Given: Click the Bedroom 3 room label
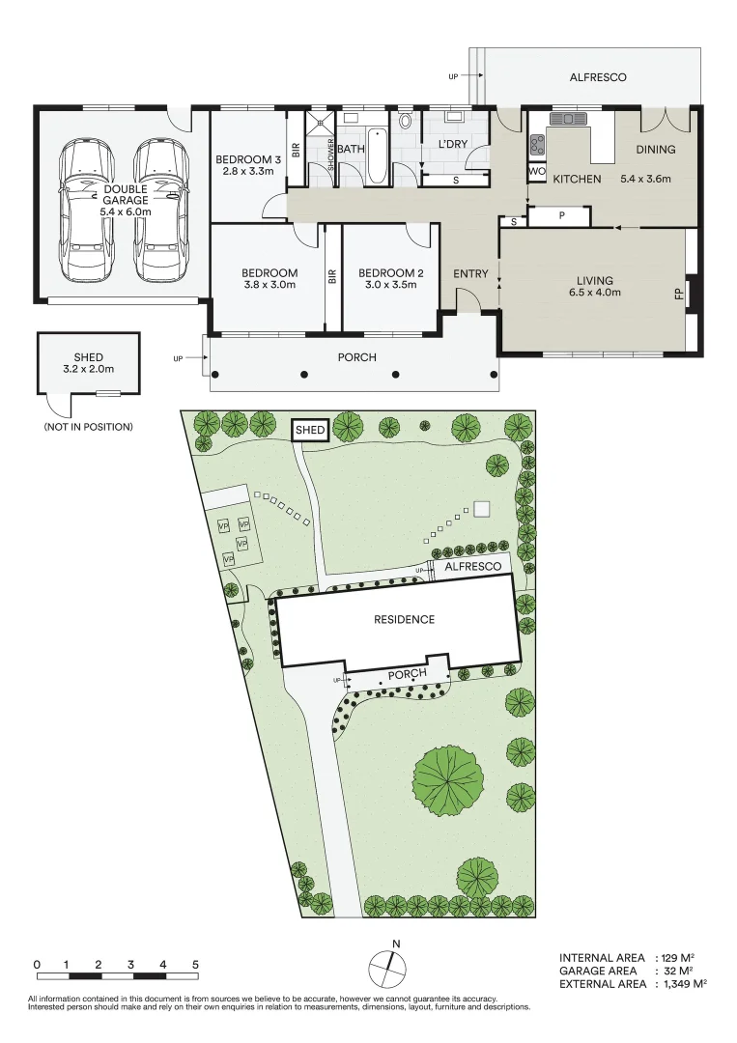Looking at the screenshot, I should tap(248, 159).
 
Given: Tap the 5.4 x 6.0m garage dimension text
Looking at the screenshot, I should tap(127, 211).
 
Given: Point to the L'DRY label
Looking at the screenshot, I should tap(453, 145).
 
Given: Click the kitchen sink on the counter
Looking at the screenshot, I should tap(568, 119).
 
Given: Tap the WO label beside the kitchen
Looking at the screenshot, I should tap(536, 172).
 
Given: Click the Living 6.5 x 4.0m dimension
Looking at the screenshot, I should tap(593, 292).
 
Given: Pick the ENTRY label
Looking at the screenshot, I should tap(470, 274).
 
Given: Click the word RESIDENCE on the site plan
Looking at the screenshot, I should tap(404, 619).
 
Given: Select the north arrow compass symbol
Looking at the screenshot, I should tap(386, 967).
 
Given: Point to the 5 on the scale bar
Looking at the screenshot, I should tap(195, 964).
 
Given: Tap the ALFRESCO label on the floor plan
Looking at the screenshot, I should tap(598, 77).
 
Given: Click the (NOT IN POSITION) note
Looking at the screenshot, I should tap(88, 426).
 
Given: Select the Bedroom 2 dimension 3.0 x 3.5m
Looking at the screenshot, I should tap(390, 285).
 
